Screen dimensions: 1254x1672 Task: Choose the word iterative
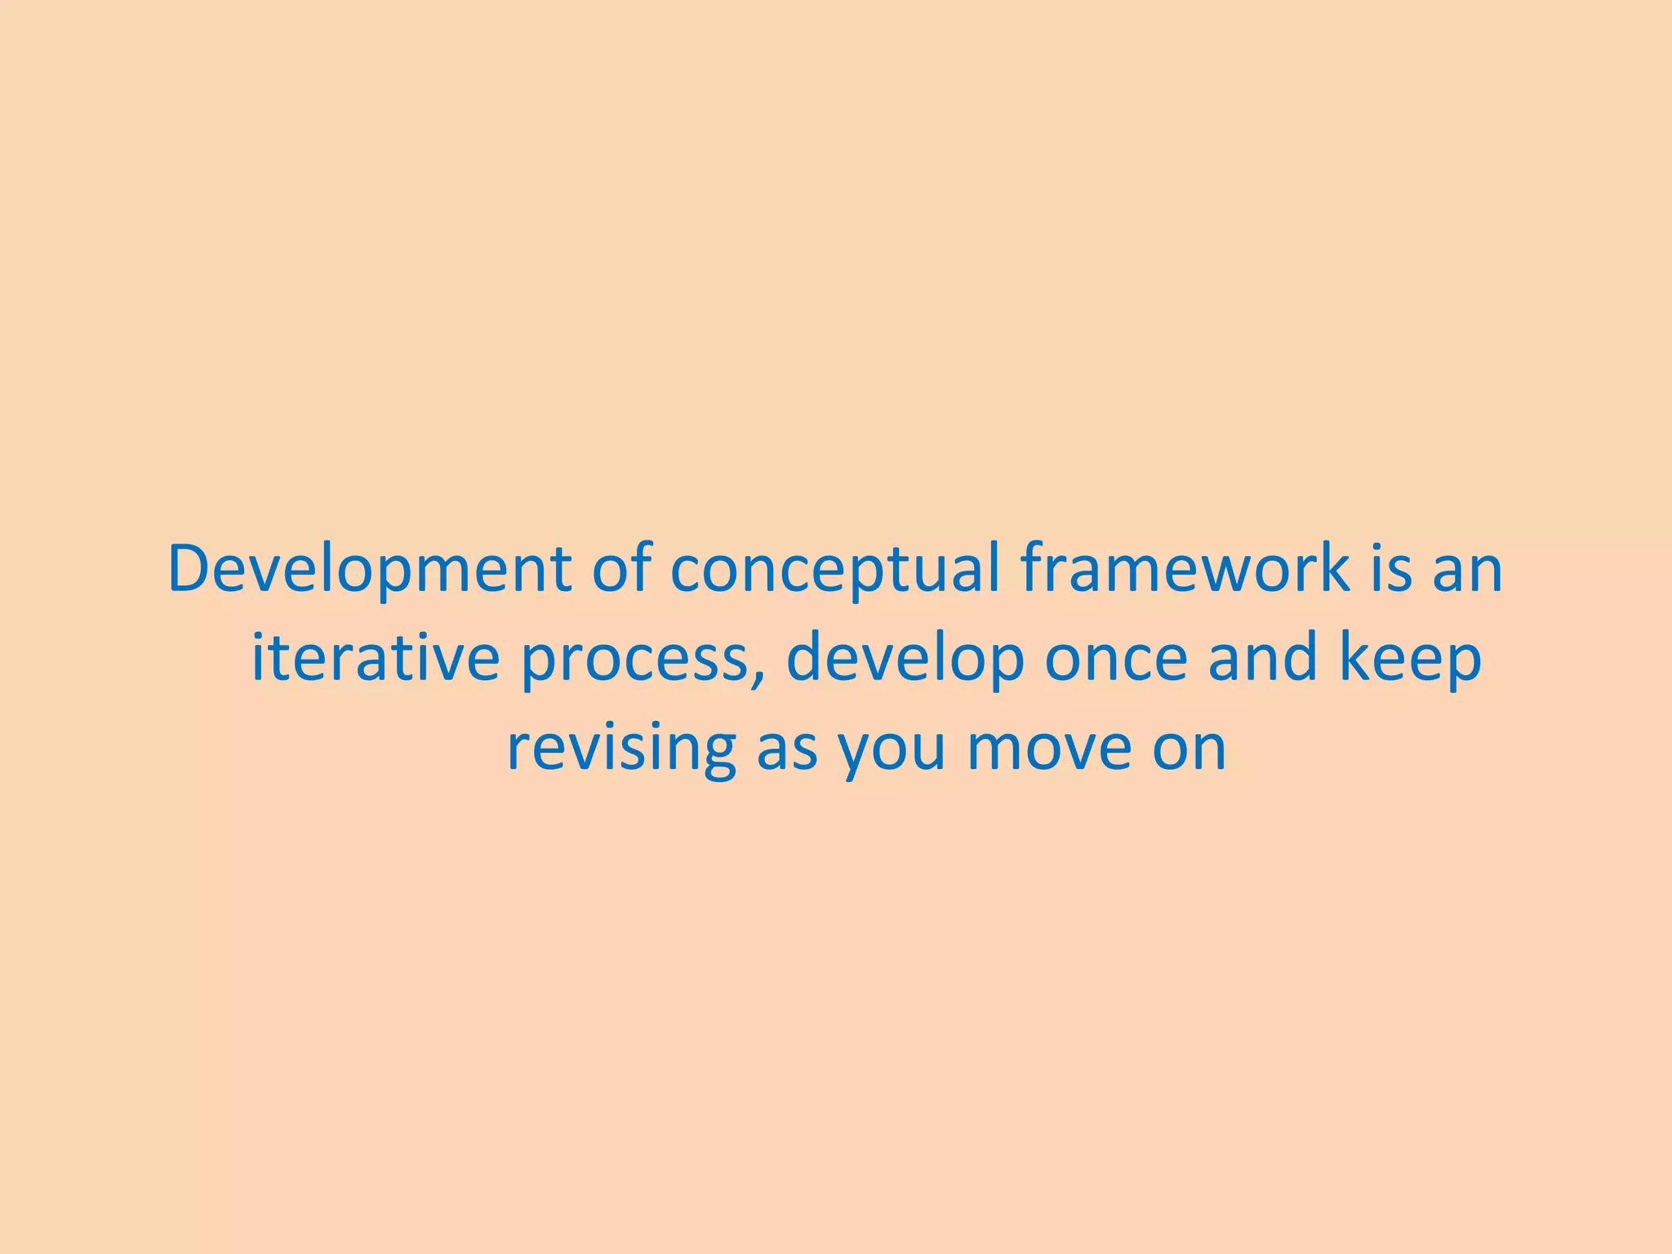click(x=375, y=658)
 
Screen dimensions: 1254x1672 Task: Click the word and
click(x=1262, y=658)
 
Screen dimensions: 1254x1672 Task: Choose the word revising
click(x=620, y=749)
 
